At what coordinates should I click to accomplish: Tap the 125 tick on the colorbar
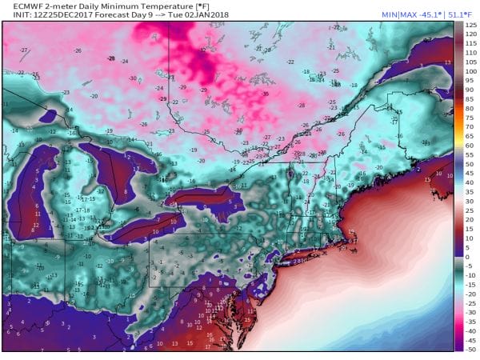coord(471,26)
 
